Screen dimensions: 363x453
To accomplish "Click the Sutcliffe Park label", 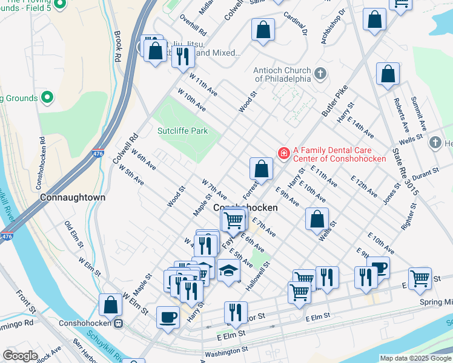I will [x=182, y=131].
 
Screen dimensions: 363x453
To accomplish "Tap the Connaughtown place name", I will [x=73, y=197].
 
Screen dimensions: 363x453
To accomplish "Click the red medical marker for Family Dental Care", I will [x=283, y=154].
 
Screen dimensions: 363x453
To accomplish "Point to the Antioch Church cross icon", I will [x=320, y=74].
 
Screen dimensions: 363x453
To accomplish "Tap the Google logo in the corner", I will [x=20, y=356].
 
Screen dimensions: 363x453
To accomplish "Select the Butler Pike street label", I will [x=332, y=102].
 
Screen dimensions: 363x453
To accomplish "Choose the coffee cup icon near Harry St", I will [x=168, y=316].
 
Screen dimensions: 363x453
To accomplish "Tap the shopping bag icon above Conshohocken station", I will [x=111, y=305].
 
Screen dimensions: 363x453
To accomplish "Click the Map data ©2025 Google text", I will [x=415, y=358].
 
